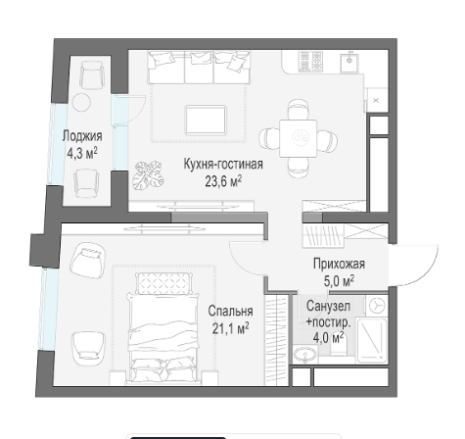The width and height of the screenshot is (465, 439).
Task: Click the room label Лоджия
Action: click(82, 136)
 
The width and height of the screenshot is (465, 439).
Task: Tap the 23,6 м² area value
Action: click(223, 181)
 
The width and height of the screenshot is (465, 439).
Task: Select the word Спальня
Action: click(230, 311)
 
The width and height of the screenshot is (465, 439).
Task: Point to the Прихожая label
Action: click(339, 264)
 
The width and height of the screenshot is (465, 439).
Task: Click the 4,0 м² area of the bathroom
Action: click(328, 337)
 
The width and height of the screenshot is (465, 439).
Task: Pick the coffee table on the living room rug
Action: click(206, 120)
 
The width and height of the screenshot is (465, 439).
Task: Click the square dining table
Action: click(298, 138)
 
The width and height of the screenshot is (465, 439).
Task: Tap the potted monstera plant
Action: click(148, 175)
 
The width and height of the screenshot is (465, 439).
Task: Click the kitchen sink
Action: click(349, 63)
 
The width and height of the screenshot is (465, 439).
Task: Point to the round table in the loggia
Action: click(81, 103)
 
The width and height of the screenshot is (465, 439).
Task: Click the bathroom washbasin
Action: click(305, 355)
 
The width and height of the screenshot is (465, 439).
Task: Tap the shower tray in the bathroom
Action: click(371, 340)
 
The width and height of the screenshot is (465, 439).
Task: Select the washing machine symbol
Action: click(377, 306)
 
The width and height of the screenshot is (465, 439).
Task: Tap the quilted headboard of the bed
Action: click(163, 283)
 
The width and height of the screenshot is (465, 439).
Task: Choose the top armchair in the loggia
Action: click(92, 74)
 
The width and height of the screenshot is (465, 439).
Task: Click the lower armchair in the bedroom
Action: click(89, 349)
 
